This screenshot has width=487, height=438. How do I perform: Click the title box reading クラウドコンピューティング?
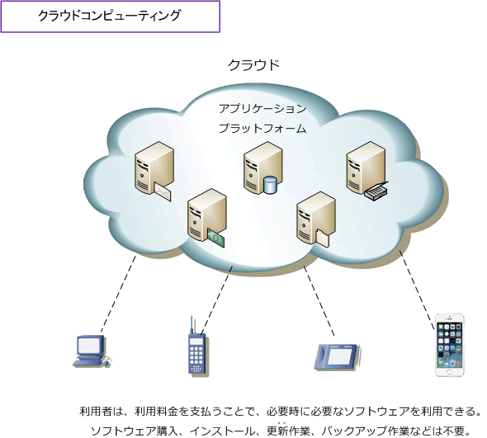click(x=110, y=16)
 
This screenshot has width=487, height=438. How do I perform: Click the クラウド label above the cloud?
click(x=253, y=65)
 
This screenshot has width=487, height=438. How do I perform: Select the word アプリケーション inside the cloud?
click(x=262, y=108)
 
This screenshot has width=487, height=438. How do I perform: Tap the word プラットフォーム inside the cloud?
click(x=262, y=128)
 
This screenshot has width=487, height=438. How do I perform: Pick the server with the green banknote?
click(x=205, y=216)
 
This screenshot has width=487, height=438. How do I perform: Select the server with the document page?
click(x=315, y=219)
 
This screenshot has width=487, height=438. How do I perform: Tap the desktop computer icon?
click(x=89, y=350)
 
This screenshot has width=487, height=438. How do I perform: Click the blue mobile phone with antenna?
click(x=195, y=351)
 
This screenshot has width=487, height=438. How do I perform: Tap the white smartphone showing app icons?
click(x=451, y=344)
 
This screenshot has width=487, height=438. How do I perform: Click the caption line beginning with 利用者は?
click(x=281, y=411)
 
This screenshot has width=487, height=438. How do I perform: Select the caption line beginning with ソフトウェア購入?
click(x=281, y=430)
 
